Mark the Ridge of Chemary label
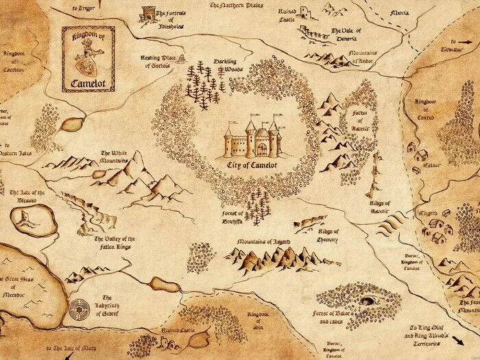pyautogui.click(x=328, y=235)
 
